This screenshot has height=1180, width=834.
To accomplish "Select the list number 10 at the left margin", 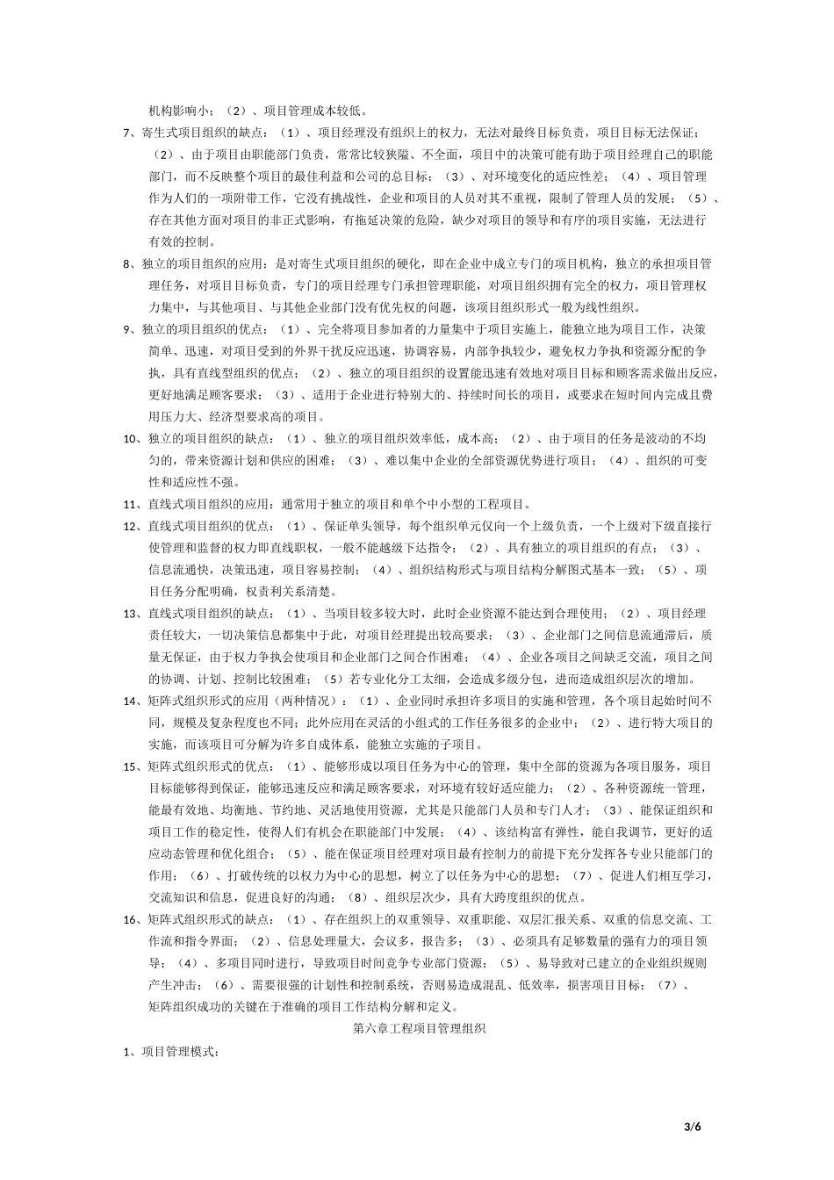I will click(128, 438).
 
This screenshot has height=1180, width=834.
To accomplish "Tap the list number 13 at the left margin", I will click(128, 613).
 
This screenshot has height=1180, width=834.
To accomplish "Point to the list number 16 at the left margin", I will click(128, 919).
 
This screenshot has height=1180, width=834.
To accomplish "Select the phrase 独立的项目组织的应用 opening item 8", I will click(203, 263).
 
